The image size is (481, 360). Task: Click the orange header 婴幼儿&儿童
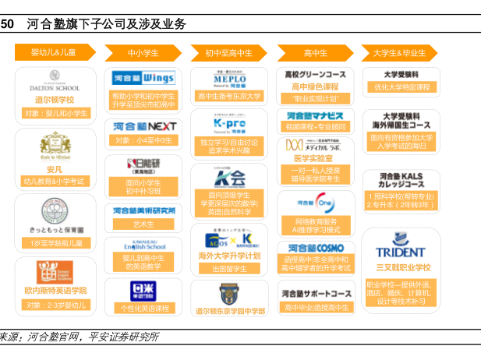(54, 52)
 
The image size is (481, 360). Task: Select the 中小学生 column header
(143, 52)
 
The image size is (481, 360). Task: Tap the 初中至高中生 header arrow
(228, 52)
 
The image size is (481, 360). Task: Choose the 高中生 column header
(315, 52)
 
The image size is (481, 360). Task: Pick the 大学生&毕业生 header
(400, 52)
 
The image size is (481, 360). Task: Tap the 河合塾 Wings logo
(143, 79)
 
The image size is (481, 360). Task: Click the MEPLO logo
(229, 79)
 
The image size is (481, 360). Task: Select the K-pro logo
(229, 123)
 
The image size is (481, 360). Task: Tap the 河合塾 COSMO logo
(315, 247)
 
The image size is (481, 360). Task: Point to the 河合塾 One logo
(315, 201)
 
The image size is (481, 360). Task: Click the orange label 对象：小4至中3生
(143, 141)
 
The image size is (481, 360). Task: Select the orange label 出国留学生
(229, 269)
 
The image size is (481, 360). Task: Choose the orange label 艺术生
(143, 224)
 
